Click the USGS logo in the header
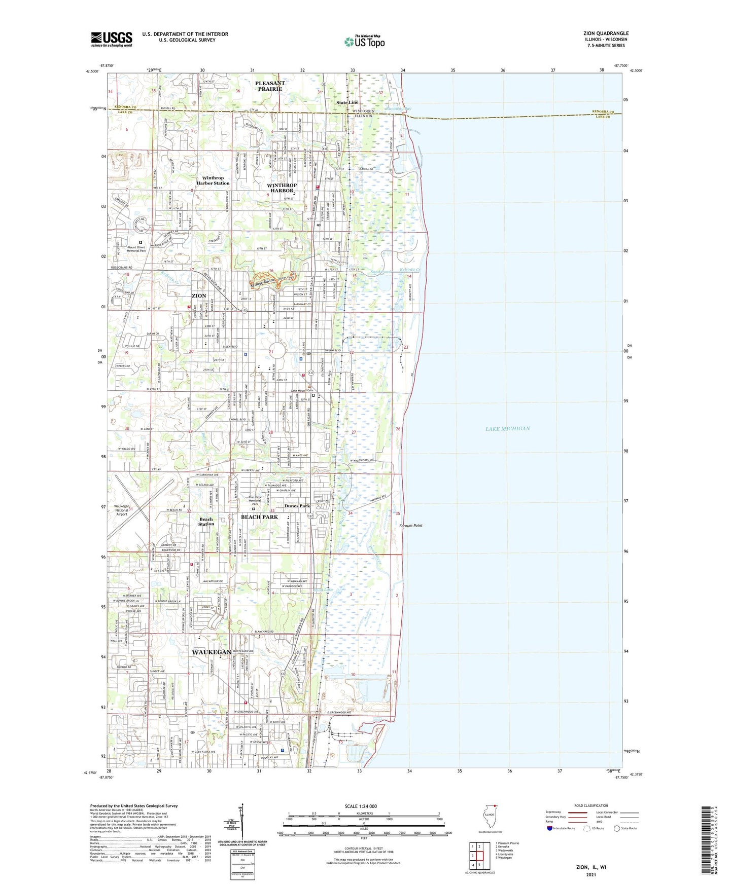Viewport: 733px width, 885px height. [x=112, y=39]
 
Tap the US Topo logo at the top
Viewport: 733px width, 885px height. [x=364, y=42]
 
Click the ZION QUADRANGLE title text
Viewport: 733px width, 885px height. [x=606, y=33]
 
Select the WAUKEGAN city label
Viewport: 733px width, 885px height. [x=212, y=652]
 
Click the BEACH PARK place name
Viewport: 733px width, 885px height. [x=259, y=517]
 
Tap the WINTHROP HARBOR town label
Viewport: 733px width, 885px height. [x=282, y=188]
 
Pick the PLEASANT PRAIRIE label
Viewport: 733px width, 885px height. [x=270, y=86]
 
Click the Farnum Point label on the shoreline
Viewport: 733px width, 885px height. [x=411, y=526]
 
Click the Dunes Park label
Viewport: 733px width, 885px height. [x=297, y=506]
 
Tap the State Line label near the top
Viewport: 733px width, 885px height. [x=347, y=102]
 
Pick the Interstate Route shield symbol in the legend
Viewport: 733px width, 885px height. [x=550, y=828]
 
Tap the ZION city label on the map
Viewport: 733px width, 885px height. [x=199, y=296]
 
